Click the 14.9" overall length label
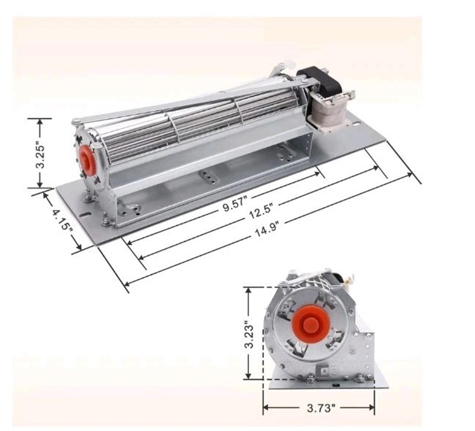pos(267,229)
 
